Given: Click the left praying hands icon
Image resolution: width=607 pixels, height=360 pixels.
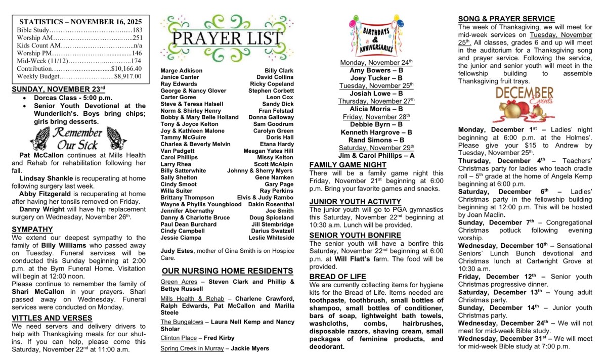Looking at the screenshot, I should click(39, 138).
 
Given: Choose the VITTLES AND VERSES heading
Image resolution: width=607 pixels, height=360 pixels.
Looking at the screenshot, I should click(52, 318).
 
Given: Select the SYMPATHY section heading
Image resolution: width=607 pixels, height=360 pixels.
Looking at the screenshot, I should click(32, 229).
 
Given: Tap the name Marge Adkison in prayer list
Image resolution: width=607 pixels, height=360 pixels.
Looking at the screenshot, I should click(182, 71).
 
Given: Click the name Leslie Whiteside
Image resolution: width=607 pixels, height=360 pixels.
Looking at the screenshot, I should click(271, 238).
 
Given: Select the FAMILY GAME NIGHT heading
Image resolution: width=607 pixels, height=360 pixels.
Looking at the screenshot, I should click(348, 165).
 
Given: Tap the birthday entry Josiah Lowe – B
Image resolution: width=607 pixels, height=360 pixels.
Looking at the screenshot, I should click(376, 94).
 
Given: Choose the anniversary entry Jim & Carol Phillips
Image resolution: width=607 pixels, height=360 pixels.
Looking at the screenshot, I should click(376, 155).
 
